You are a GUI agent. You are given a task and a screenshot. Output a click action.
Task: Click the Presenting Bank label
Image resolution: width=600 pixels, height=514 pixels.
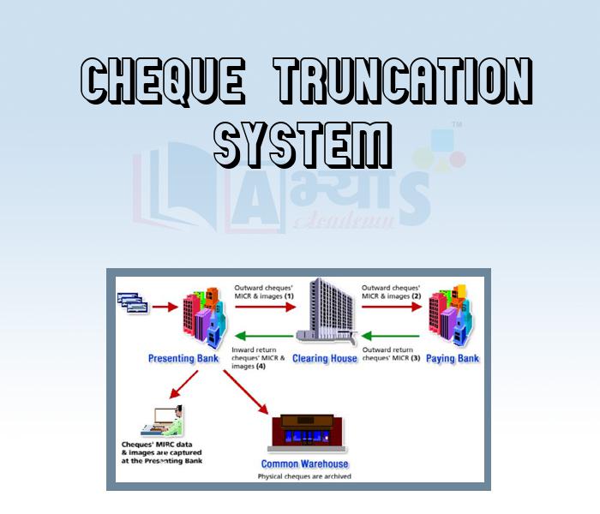[x=183, y=358]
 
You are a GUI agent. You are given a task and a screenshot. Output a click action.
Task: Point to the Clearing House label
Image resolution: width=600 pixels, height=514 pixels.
[x=324, y=358]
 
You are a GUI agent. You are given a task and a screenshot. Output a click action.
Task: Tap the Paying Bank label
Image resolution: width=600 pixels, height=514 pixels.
[x=453, y=358]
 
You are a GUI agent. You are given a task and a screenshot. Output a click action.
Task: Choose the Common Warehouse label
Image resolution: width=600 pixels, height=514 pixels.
[x=304, y=463]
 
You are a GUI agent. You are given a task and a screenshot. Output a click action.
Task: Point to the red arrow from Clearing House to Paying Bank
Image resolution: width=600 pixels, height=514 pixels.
[x=390, y=305]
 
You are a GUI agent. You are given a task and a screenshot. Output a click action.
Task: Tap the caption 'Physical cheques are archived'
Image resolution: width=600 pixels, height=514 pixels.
[x=304, y=475]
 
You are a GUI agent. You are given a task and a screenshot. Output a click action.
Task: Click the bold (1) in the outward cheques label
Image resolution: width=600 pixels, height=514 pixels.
[x=289, y=296]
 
